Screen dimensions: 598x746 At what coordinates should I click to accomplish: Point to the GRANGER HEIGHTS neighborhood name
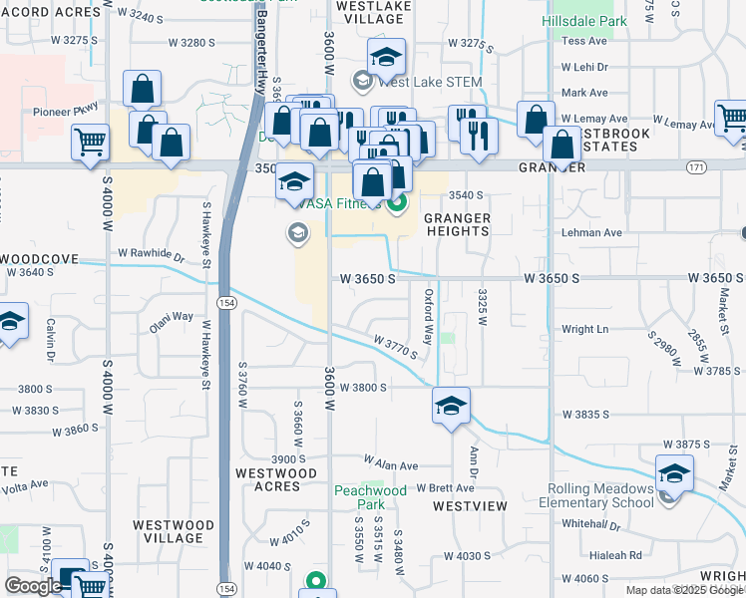coord(458,224)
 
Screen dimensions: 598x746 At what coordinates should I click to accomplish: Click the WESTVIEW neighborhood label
coord(470,506)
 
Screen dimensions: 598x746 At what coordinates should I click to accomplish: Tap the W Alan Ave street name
coord(391,464)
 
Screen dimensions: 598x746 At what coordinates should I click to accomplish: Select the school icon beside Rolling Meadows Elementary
coord(674,473)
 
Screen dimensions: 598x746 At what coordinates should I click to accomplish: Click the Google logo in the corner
coord(34,586)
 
